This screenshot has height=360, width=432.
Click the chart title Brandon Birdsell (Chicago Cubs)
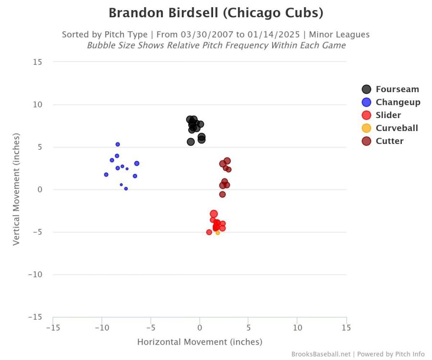[x=216, y=13]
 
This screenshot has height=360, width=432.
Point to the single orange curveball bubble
[x=217, y=233]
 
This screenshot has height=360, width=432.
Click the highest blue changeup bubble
[x=118, y=144]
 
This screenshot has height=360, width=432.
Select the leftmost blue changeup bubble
[x=106, y=175]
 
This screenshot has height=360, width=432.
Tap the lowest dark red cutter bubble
[x=222, y=194]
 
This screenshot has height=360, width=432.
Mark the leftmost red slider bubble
[x=209, y=232]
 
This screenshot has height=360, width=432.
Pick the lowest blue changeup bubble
[x=126, y=189]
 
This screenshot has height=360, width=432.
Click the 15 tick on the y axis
[x=37, y=62]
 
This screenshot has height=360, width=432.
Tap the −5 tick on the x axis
[x=150, y=328]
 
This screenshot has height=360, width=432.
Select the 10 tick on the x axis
[x=297, y=328]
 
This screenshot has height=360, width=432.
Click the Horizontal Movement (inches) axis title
[x=200, y=342]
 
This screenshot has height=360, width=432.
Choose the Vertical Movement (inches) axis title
[x=16, y=189]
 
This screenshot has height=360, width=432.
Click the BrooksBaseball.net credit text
[x=321, y=354]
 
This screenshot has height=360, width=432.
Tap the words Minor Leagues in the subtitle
[x=339, y=35]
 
